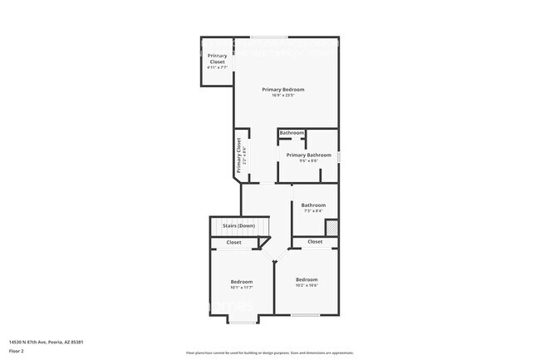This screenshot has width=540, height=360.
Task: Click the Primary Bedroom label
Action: coord(283,89)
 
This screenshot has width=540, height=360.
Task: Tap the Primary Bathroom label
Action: coord(308,155)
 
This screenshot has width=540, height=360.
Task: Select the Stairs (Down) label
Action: coord(238,225)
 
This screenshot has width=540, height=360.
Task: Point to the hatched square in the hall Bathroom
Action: coord(331,226)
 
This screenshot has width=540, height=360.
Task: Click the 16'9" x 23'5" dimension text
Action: coord(283,96)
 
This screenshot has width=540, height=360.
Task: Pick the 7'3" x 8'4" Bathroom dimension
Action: coord(313,212)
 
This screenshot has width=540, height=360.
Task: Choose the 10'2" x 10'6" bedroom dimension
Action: coord(307,286)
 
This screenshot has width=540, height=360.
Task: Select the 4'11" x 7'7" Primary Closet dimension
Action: coord(217,67)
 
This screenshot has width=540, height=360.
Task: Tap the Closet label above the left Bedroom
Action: coord(234,242)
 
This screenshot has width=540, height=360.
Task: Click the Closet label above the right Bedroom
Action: coord(315,241)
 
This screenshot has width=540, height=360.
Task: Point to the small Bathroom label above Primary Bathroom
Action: coord(292,133)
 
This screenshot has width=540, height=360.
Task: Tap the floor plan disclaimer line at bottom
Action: coord(270,353)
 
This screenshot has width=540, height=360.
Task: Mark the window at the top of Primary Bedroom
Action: coord(270,37)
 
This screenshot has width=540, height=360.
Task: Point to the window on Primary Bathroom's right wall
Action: coord(339,155)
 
